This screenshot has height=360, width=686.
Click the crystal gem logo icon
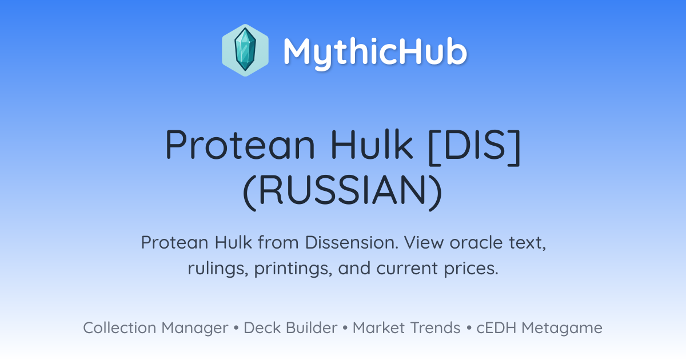click(x=245, y=50)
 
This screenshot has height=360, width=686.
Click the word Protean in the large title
click(x=240, y=145)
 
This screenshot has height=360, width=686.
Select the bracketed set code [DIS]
click(x=474, y=147)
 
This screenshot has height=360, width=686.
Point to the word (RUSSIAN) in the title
click(x=342, y=192)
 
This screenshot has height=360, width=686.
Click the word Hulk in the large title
click(x=372, y=144)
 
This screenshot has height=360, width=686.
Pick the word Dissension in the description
click(x=352, y=242)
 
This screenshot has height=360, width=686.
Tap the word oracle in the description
click(x=476, y=242)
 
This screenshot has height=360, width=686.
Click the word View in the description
click(x=424, y=242)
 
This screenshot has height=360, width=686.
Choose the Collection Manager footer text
click(x=155, y=328)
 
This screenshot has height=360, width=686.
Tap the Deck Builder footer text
click(x=290, y=327)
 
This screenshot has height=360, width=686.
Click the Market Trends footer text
click(x=406, y=327)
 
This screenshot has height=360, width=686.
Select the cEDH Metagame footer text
click(x=539, y=328)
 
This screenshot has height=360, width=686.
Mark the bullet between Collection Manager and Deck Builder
click(x=236, y=328)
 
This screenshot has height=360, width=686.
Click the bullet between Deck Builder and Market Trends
click(x=345, y=328)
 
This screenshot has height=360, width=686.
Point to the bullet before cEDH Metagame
click(x=469, y=328)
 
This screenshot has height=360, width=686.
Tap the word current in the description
click(x=407, y=269)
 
